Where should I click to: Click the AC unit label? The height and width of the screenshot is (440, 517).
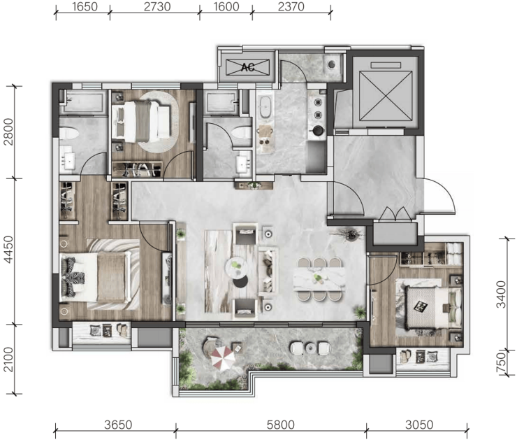point(247,67)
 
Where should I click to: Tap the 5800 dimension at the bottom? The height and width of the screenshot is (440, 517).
point(280,425)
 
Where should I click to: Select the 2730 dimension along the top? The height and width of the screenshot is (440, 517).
point(157,6)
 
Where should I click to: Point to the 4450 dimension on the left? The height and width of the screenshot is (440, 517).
point(8,250)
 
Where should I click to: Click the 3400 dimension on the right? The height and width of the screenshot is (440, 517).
point(501,294)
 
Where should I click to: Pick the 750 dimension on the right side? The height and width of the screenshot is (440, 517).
point(501,362)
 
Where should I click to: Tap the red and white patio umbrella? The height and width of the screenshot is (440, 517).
point(223,358)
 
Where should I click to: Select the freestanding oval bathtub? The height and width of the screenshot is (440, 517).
point(265,106)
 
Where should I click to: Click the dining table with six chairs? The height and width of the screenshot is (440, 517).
point(319,279)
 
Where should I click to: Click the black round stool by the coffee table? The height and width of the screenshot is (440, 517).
point(241,282)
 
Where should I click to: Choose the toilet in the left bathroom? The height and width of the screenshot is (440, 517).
point(69,134)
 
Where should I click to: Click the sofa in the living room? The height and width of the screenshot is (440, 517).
point(268,271)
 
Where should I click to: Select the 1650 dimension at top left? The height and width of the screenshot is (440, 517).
point(85,6)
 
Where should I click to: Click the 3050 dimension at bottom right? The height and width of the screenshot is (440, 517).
point(419,425)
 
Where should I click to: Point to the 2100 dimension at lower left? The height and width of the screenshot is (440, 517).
point(8,359)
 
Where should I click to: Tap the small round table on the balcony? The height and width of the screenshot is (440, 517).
point(311,348)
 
